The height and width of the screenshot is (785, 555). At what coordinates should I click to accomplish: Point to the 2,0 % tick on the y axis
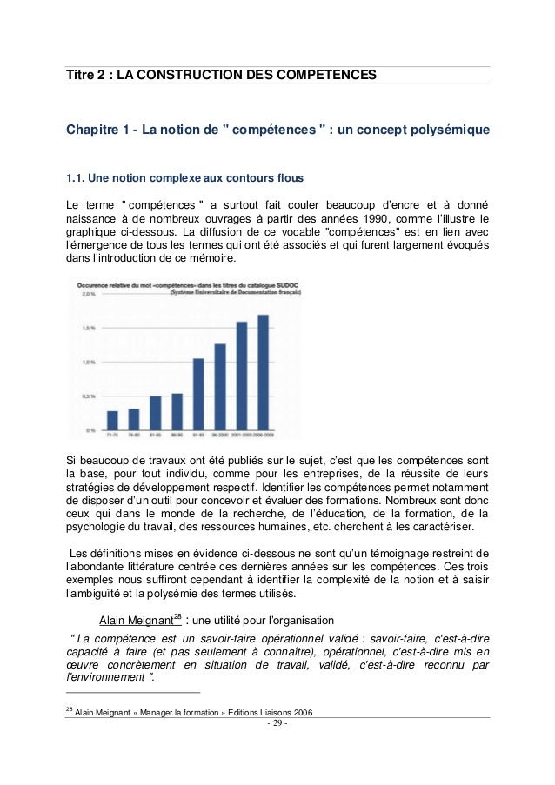89,295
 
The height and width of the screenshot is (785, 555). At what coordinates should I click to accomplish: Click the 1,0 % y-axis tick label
89,363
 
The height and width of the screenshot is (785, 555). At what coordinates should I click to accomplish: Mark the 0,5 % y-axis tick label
89,396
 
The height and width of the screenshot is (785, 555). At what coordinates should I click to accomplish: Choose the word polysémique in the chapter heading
446,131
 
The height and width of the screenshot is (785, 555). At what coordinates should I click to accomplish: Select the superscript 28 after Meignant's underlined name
177,616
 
